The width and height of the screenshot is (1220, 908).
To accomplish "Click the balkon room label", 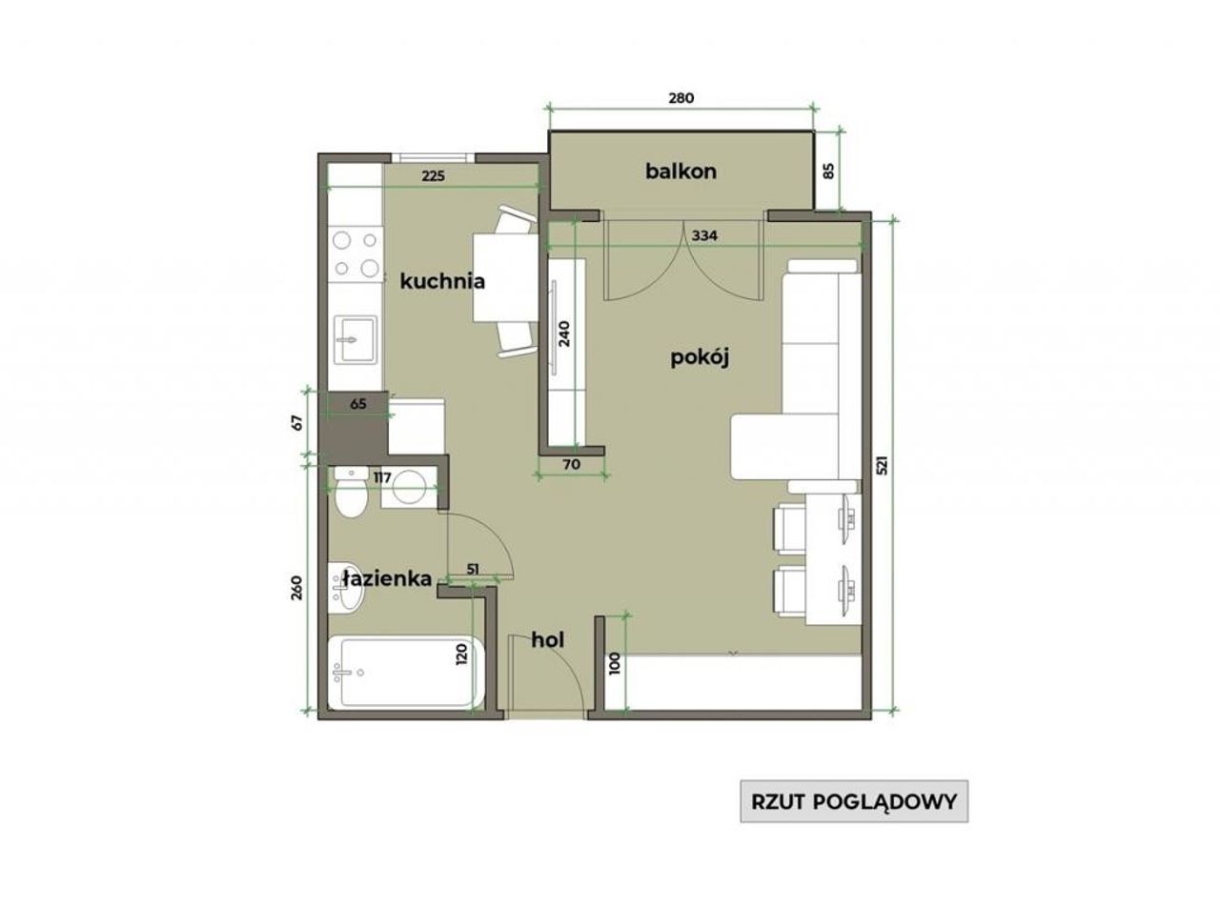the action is pos(681,172).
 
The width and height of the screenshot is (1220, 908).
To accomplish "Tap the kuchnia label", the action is pos(442,282).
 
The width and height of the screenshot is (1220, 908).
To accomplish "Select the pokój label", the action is pos(700,358).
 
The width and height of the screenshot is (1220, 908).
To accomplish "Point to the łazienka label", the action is pos(386,578).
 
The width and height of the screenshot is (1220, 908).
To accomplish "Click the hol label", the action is pos(547,640).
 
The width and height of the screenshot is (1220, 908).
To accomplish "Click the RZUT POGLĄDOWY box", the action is pos(854,801).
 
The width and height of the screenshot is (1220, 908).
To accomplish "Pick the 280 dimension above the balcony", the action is pos(681,98).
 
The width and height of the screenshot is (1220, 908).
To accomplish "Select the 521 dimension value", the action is pos(882,466).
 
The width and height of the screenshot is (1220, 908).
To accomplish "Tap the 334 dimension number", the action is pos(704,236).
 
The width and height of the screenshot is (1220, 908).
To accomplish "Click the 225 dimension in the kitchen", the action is pos(433,176).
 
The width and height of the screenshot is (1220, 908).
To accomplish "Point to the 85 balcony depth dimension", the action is pos(829,172).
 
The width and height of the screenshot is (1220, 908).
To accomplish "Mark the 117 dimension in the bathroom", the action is pos(382,477).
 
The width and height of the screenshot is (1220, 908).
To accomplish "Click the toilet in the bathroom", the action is pos(351,492).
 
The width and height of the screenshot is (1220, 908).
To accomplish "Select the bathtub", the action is pos(406,672).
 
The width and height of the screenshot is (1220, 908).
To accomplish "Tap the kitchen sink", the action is pos(356,339).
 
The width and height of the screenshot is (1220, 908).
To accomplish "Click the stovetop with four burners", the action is pos(356,254).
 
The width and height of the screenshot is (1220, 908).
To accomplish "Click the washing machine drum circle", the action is pos(409,486).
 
